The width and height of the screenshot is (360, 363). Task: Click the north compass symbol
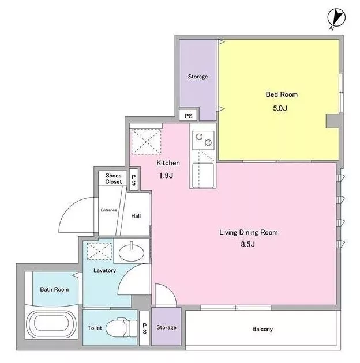coord(336,18)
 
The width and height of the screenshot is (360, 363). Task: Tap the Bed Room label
coord(282,94)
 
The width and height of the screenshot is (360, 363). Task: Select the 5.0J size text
coord(280,108)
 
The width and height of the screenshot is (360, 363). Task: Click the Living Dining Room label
coord(249,232)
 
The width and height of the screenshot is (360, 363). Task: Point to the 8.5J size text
coord(248,244)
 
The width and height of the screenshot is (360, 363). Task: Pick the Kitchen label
coord(168,163)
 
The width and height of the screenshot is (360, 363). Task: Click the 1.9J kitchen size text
coord(166,176)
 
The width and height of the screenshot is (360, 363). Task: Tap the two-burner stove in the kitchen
coord(203,140)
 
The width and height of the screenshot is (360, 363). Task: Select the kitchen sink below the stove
coord(203,175)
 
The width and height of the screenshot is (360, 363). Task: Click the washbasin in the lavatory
coord(132,252)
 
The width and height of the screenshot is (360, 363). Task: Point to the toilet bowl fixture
coord(122,327)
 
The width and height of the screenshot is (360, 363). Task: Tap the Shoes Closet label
coord(113,179)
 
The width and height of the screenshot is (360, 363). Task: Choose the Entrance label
coord(108,210)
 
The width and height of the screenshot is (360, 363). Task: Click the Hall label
coord(136,216)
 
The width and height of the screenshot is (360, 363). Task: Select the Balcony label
coord(262,329)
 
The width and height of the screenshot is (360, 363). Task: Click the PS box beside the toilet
coord(144,328)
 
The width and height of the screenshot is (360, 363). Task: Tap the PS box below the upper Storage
coord(189,115)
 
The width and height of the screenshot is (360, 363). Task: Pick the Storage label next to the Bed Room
coord(198,77)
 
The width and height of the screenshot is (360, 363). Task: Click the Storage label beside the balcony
coord(166,327)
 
